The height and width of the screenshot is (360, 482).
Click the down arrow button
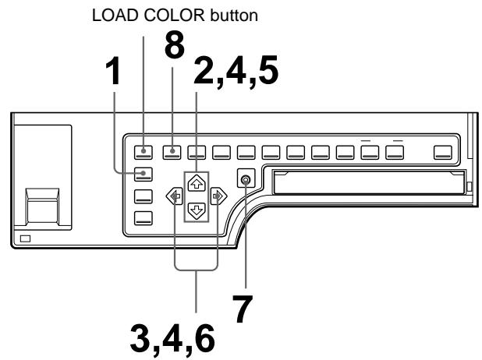click(x=197, y=208)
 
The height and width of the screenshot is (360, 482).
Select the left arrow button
click(x=172, y=195)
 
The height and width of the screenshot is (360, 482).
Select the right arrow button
click(x=221, y=195)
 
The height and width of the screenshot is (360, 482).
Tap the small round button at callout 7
click(x=246, y=181)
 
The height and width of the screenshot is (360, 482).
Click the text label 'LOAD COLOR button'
click(x=143, y=15)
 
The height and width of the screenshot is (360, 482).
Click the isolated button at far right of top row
click(x=443, y=151)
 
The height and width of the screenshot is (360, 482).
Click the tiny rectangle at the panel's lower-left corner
click(x=27, y=236)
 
